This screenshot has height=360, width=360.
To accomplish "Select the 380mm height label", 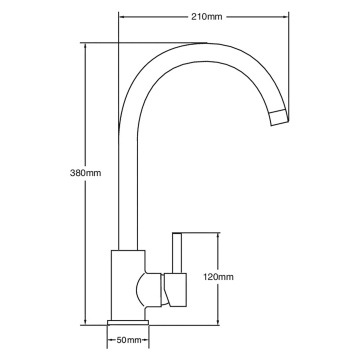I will click(x=88, y=174).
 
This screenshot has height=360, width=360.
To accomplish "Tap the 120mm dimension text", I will click(x=219, y=276).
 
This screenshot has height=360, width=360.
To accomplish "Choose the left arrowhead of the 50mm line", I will click(x=107, y=341).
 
